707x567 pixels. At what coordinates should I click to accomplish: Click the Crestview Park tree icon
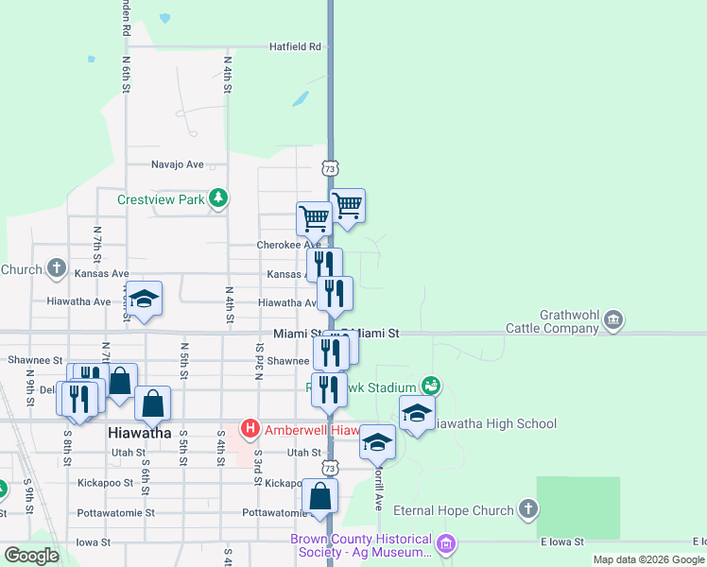pyautogui.click(x=218, y=198)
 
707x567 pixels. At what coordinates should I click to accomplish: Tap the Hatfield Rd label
pyautogui.click(x=295, y=45)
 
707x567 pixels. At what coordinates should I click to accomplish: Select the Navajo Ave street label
pyautogui.click(x=178, y=164)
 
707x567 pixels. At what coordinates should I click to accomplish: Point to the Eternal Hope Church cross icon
pyautogui.click(x=527, y=510)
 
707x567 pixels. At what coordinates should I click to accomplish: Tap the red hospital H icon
pyautogui.click(x=250, y=430)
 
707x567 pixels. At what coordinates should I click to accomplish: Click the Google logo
pyautogui.click(x=31, y=555)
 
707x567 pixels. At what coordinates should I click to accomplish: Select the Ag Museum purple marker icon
pyautogui.click(x=447, y=545)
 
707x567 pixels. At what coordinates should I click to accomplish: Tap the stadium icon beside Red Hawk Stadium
pyautogui.click(x=431, y=386)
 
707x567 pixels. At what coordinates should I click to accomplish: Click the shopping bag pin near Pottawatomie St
pyautogui.click(x=320, y=496)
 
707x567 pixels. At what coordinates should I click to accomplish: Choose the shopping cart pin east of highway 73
pyautogui.click(x=348, y=205)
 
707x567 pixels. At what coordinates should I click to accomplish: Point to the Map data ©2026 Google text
pyautogui.click(x=648, y=559)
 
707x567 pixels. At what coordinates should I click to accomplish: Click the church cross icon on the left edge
pyautogui.click(x=56, y=268)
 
